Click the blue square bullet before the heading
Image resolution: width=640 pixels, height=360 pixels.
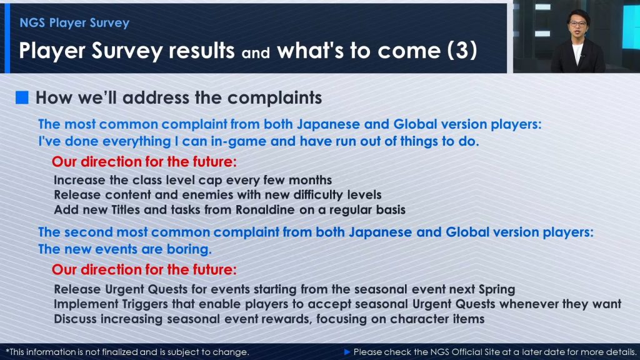(x=22, y=97)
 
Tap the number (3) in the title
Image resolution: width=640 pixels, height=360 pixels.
(x=462, y=51)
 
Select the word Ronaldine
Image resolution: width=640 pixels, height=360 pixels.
(x=265, y=210)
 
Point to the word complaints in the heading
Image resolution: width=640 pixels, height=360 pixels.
(x=275, y=98)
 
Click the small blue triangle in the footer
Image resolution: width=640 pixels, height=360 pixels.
(x=347, y=352)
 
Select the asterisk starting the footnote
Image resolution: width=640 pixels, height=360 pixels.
(x=7, y=351)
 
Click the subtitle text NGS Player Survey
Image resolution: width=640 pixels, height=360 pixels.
(x=74, y=23)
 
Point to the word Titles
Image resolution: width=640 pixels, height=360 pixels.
(x=127, y=210)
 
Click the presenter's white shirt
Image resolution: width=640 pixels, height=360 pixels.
(x=577, y=52)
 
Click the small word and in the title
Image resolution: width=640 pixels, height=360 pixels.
(x=256, y=53)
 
